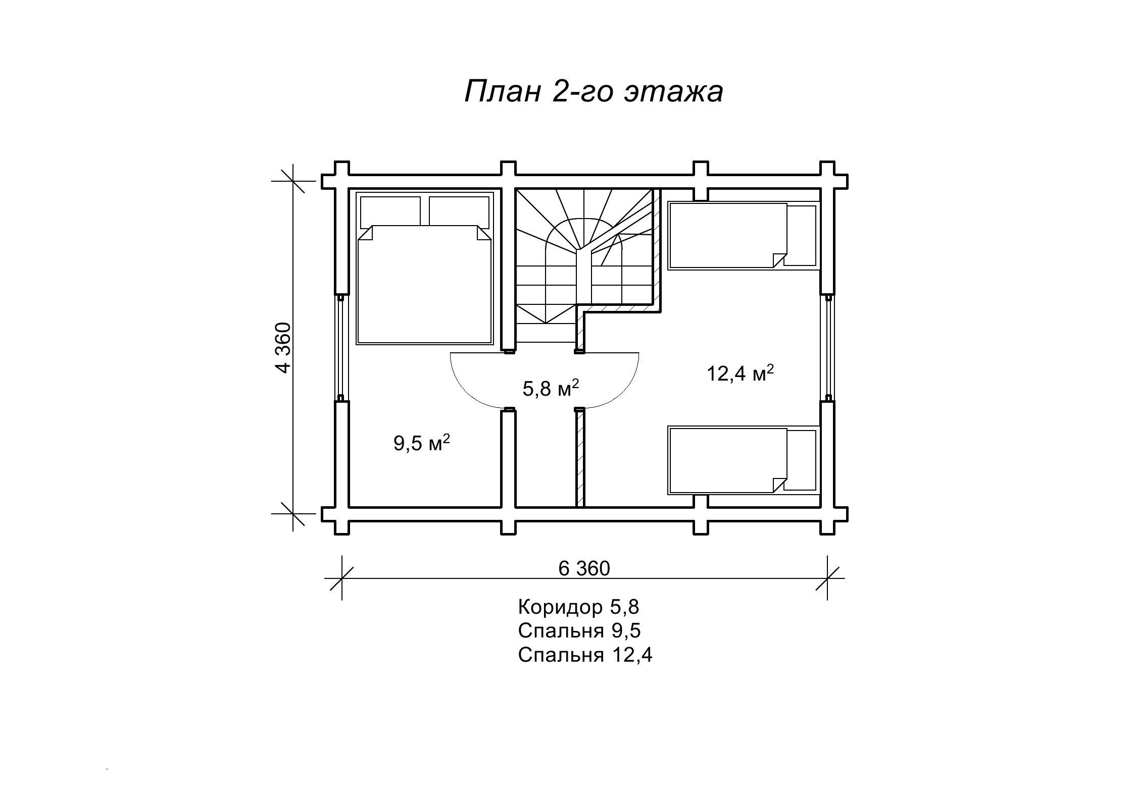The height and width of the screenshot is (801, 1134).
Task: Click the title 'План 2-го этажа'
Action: point(594,92)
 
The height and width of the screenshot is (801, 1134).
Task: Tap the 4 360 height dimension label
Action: point(284,347)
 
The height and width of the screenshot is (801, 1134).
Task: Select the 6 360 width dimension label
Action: point(584,569)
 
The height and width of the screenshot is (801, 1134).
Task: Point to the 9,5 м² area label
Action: point(422,443)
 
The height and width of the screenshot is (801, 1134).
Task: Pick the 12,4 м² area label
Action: point(740,373)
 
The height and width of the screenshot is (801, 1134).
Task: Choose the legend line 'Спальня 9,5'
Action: point(579,631)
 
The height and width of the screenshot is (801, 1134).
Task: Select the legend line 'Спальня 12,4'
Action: point(585,655)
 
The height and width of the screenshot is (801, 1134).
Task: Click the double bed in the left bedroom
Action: point(424,268)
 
